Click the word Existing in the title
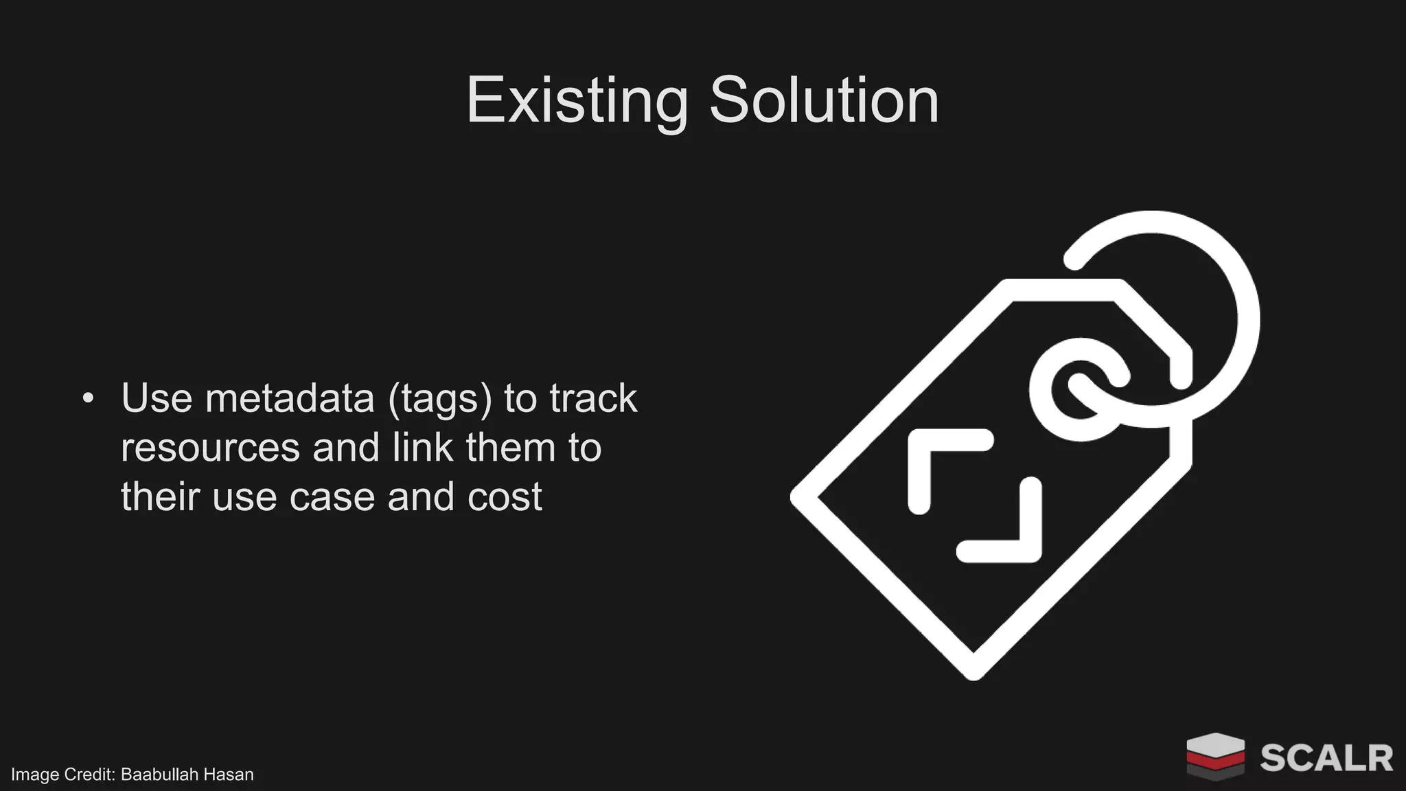pyautogui.click(x=577, y=101)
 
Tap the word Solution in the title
pyautogui.click(x=823, y=101)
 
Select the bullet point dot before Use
pyautogui.click(x=87, y=398)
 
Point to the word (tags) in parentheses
pyautogui.click(x=440, y=400)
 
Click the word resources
pyautogui.click(x=210, y=448)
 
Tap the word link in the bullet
pyautogui.click(x=422, y=448)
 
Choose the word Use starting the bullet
pyautogui.click(x=157, y=398)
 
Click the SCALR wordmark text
pyautogui.click(x=1326, y=758)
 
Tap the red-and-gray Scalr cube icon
pyautogui.click(x=1215, y=756)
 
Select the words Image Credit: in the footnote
pyautogui.click(x=62, y=775)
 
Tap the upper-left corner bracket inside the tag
pyautogui.click(x=941, y=460)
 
